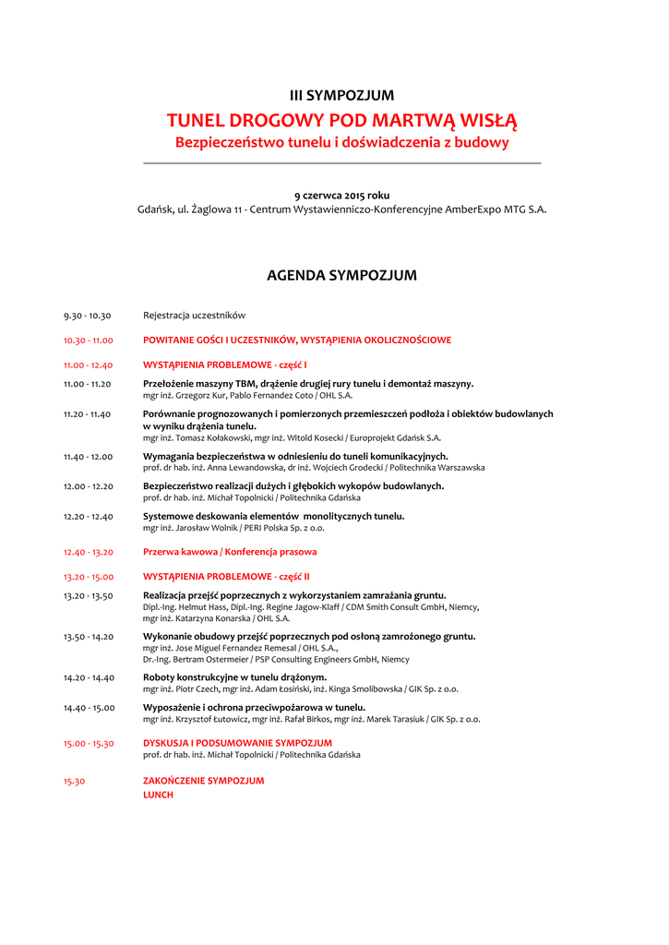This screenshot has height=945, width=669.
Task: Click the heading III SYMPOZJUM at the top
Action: point(341,95)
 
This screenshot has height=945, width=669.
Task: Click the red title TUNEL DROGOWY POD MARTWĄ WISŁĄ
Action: point(341,121)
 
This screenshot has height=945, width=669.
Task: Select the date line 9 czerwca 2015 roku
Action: point(341,195)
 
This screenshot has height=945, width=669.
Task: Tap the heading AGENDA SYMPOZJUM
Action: point(341,275)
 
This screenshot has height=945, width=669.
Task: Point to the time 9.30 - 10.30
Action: point(88,316)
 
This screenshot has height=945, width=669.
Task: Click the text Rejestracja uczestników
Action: point(194,316)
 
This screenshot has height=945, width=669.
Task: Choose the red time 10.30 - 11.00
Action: point(89,341)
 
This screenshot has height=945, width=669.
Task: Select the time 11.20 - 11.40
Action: point(88,414)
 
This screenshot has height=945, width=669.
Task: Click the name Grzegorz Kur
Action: point(199,395)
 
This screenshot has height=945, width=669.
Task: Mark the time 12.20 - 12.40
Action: point(89,517)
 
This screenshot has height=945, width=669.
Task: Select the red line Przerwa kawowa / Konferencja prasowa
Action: point(230,552)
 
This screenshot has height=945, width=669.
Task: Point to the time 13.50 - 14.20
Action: point(89,637)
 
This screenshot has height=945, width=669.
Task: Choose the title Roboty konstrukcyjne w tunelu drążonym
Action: point(234,677)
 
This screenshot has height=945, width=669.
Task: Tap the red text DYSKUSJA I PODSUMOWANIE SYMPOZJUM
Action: point(237,743)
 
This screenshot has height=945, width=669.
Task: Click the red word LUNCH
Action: point(158,795)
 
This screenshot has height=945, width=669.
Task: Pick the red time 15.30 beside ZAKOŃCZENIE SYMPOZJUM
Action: point(75,781)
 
